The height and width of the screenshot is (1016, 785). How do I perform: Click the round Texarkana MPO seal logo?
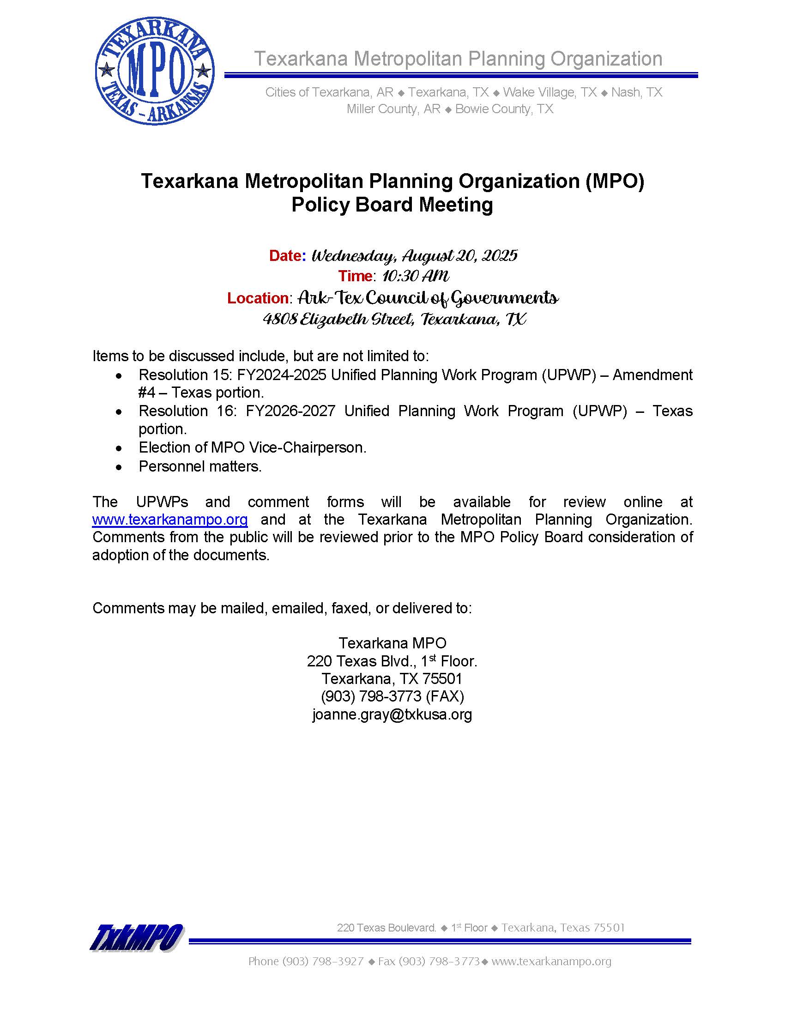point(154,71)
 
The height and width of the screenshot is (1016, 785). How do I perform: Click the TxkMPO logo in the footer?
point(137,937)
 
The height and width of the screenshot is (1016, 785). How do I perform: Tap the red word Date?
point(285,255)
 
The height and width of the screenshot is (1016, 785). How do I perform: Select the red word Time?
point(355,276)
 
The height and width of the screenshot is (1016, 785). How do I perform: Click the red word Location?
point(258,298)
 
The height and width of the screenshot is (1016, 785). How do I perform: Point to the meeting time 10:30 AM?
point(415,276)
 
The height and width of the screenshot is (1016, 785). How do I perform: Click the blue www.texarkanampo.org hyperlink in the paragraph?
point(170,519)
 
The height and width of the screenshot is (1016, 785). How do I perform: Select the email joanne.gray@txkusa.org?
point(392,714)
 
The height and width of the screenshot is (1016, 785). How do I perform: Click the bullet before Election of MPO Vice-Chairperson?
point(120,448)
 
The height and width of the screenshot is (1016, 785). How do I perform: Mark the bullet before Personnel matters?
point(120,467)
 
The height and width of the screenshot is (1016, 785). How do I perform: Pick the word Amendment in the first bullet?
point(652,375)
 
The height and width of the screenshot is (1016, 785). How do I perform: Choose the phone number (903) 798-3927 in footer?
point(323,962)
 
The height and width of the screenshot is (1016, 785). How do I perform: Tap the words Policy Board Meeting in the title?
point(392,205)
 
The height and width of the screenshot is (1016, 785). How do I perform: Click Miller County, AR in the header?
point(393,109)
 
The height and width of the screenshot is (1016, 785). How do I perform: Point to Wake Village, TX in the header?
point(549,92)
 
